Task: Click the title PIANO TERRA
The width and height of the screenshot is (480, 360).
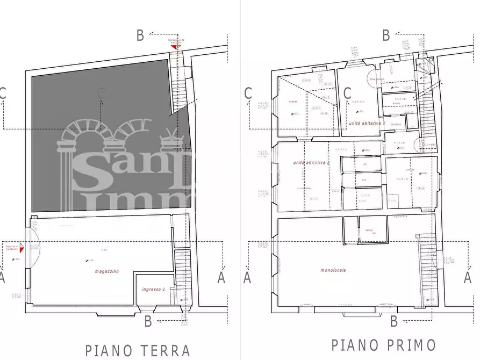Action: pos(138,351)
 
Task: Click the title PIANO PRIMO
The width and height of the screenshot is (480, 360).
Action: pos(383,345)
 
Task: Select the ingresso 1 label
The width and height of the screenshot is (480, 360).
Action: pos(153,290)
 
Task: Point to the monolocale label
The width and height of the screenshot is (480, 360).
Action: pos(333,270)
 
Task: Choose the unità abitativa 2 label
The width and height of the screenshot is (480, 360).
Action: pos(312,162)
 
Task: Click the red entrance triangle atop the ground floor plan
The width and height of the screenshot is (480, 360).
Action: pos(174,47)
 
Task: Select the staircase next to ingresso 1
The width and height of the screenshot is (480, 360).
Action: pos(182,274)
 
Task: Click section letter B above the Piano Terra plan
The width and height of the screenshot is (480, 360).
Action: pos(140,36)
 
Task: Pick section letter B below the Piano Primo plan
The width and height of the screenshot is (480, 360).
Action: pos(394,322)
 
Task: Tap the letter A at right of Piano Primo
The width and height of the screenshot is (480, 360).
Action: pos(468,278)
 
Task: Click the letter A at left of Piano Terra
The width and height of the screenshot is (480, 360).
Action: pos(3,278)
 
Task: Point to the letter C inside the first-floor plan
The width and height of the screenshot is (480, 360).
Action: pos(347,93)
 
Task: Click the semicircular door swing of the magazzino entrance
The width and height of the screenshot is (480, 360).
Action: pos(32,249)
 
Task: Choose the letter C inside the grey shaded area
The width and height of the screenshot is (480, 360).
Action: pos(101,92)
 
